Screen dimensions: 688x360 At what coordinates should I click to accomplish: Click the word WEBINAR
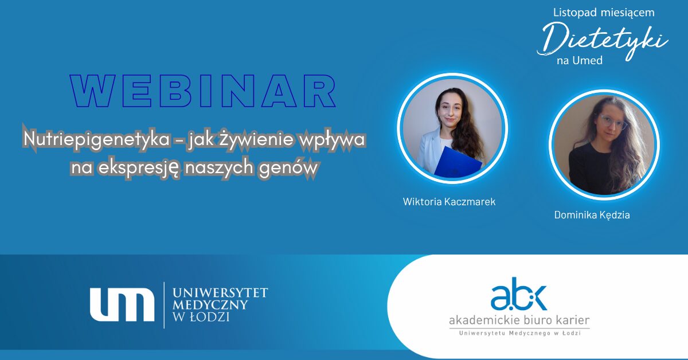[x=203, y=91]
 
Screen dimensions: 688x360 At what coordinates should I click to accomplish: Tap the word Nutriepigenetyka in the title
[x=96, y=139]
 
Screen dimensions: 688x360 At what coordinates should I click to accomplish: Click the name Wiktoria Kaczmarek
[x=449, y=202]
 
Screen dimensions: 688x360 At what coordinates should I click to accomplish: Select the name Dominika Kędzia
[x=592, y=215]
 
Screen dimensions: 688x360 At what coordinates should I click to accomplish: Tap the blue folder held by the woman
[x=458, y=163]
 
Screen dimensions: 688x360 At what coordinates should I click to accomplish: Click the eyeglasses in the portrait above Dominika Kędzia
[x=612, y=122]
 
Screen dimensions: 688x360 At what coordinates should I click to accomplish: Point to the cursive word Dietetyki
[x=602, y=41]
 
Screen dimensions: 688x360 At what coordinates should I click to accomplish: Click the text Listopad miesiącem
[x=604, y=13]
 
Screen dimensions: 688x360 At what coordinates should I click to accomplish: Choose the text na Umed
[x=580, y=61]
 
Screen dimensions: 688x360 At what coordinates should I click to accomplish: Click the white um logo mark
[x=122, y=304]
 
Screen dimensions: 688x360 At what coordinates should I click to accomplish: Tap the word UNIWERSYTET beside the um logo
[x=220, y=293]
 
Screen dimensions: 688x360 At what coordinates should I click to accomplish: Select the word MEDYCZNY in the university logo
[x=210, y=305]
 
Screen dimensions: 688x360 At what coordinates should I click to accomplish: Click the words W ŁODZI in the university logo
[x=201, y=317]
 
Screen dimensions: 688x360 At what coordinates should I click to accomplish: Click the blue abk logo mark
[x=519, y=294]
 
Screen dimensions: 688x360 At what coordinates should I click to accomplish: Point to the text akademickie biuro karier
[x=519, y=320]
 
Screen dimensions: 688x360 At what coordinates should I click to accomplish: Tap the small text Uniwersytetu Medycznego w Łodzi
[x=519, y=333]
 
